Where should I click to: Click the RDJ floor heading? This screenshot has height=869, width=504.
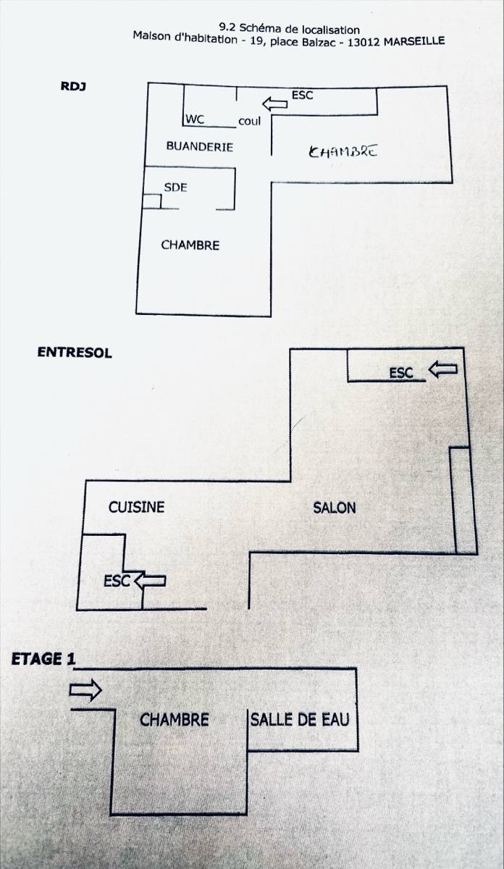pos(73,86)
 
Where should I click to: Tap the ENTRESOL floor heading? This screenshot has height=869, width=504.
pos(75,352)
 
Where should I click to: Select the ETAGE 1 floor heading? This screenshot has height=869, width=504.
pos(43,659)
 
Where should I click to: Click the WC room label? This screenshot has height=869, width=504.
pos(196,119)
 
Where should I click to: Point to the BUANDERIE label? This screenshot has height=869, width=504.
pos(200,146)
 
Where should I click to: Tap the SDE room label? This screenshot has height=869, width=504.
pos(176,188)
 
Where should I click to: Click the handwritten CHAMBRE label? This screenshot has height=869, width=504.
pos(343,151)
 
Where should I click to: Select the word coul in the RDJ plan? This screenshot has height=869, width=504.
pos(250,122)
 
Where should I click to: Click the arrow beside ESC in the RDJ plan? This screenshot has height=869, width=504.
pos(274,104)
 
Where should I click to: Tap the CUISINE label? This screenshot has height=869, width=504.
pos(137,508)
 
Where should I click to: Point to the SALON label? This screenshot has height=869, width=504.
pos(335,508)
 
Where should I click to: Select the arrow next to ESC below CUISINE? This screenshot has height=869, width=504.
pos(150,581)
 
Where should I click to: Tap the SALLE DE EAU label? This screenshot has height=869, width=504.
pos(300,720)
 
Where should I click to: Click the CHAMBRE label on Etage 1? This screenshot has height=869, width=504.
pos(175,720)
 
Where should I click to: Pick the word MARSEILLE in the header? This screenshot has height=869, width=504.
pos(414,41)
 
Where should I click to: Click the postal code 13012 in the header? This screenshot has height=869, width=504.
pos(363,42)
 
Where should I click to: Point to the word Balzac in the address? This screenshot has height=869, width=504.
pos(316,41)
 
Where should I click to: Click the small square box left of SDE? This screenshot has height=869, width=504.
pos(151,201)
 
